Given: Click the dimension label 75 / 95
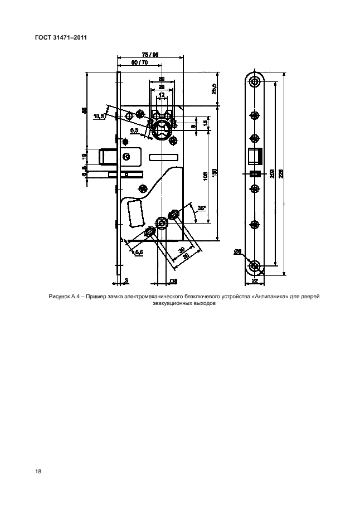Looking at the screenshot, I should coord(150,55).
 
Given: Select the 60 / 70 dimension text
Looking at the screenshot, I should coord(139,63).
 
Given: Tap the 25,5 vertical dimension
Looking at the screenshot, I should coord(215,88).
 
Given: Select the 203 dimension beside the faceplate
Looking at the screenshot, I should coord(271,174).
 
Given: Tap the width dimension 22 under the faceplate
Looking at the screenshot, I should coord(255,282).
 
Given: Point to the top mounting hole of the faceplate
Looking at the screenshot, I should coord(255,83).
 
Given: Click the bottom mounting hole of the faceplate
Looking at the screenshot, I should coord(255,266).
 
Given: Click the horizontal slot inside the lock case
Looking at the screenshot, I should coord(164,157).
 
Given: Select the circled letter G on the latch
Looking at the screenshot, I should coord(126,157).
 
